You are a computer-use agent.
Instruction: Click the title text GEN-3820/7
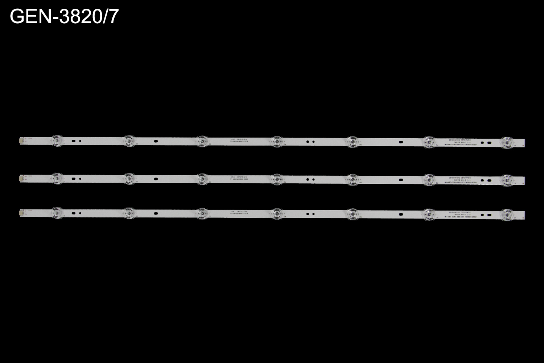coord(64,16)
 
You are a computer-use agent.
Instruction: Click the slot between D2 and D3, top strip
coord(156,141)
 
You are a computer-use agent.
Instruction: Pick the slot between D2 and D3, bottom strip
coord(156,213)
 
